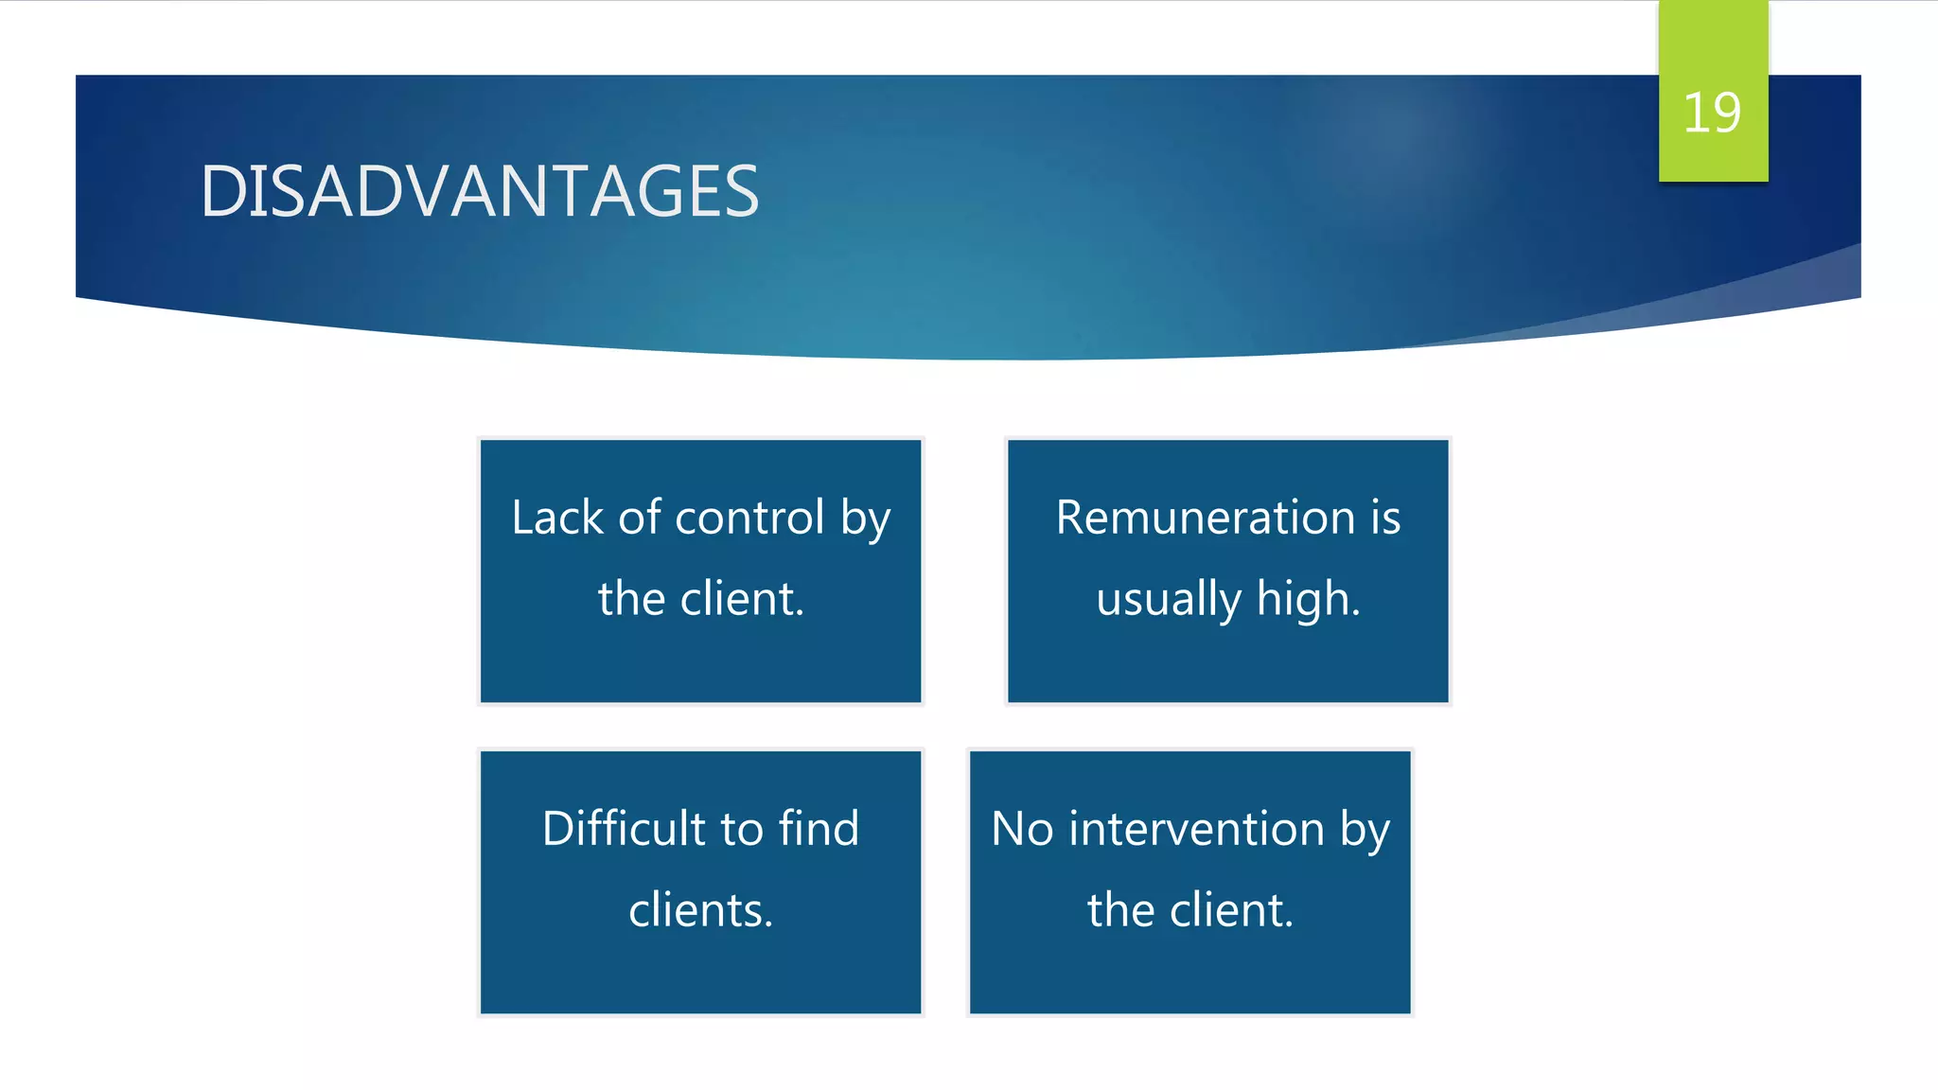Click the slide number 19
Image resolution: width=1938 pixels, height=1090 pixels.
click(x=1711, y=114)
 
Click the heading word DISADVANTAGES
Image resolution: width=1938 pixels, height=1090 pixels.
click(x=480, y=191)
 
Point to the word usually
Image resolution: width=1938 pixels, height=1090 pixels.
click(x=1168, y=599)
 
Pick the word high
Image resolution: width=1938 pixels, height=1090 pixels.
click(x=1308, y=599)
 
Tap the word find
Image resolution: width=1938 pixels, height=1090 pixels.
click(x=819, y=829)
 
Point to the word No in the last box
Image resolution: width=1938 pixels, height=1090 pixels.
click(x=1022, y=829)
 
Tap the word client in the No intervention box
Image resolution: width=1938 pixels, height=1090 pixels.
click(x=1231, y=910)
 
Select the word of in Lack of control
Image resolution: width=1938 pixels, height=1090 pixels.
click(x=640, y=518)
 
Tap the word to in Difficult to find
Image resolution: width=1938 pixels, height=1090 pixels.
click(x=741, y=829)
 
